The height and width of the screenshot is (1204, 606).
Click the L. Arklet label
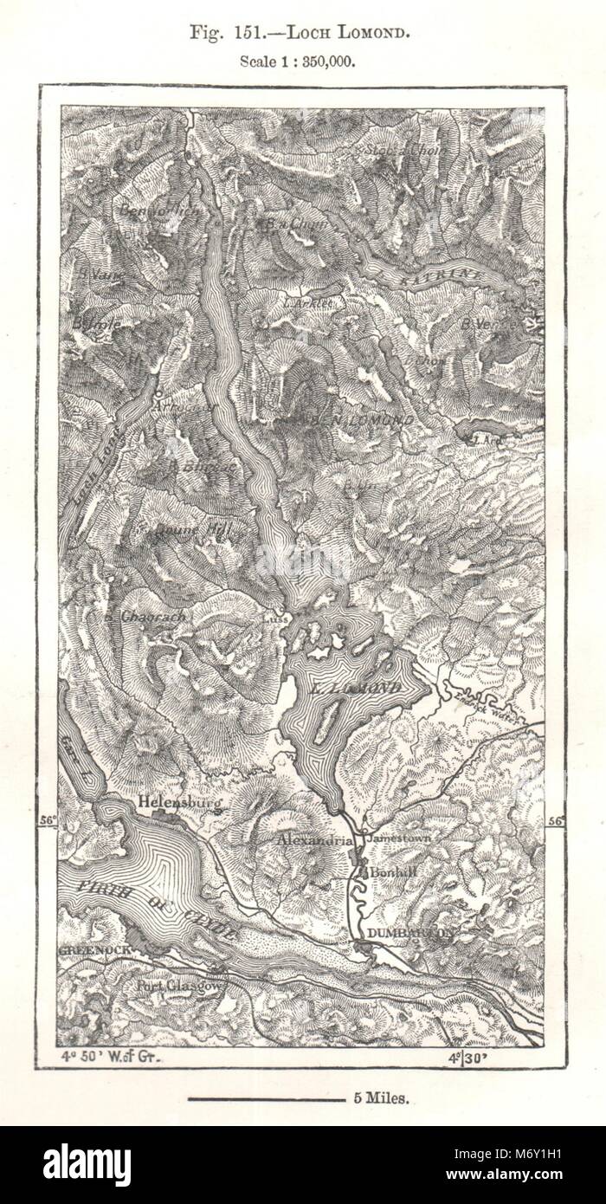[x=309, y=303]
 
